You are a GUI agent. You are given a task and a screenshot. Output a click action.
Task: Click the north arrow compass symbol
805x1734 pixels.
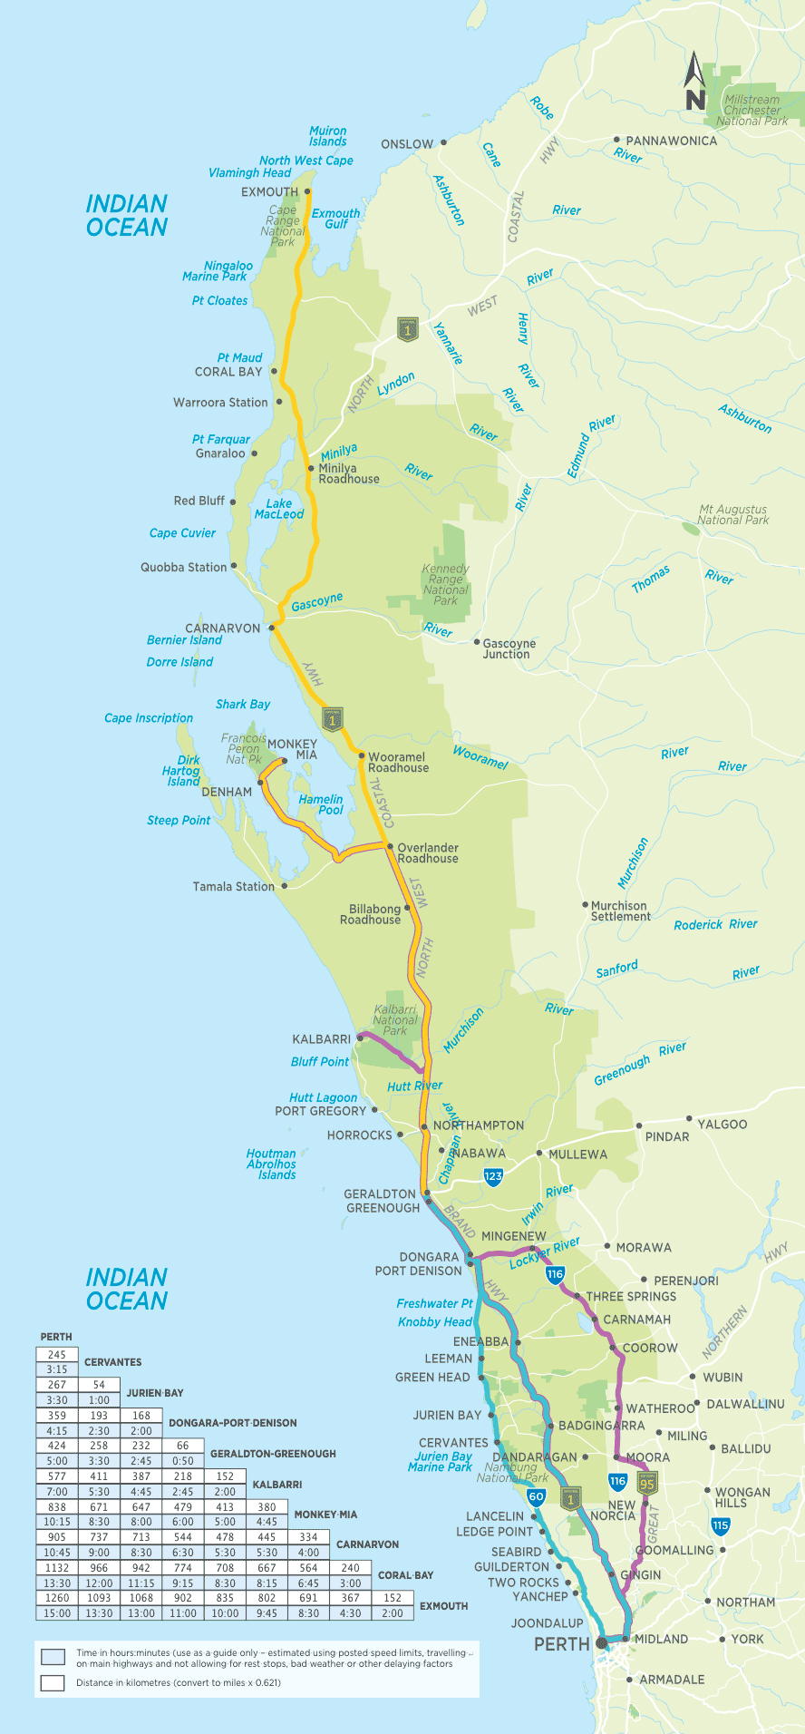[x=694, y=82]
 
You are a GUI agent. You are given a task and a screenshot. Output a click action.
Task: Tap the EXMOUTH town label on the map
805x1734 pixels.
[x=269, y=192]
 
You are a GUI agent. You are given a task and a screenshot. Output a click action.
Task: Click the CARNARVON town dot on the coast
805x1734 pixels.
[x=269, y=627]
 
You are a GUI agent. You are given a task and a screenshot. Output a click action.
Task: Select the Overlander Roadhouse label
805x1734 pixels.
[x=428, y=853]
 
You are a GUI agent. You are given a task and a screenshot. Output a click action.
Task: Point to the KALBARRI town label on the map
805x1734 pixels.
[x=321, y=1039]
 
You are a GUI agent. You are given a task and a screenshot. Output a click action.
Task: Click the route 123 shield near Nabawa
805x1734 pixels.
[x=492, y=1177]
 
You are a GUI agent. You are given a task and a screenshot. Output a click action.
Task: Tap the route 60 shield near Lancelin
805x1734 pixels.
[x=536, y=1497]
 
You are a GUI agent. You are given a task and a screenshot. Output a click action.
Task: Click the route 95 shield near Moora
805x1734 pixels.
[x=646, y=1483]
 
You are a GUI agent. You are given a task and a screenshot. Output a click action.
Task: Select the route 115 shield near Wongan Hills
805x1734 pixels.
[x=721, y=1525]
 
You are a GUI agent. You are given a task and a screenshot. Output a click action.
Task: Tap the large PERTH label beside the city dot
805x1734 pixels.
[x=561, y=1644]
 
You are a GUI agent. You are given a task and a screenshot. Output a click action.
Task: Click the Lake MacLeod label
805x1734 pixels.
[x=279, y=509]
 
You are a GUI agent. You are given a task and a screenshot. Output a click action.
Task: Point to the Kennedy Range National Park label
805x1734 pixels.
[x=445, y=584]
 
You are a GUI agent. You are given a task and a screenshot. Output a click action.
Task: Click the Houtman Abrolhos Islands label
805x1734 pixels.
[x=271, y=1164]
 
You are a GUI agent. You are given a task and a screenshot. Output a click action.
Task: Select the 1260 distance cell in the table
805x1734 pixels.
[x=57, y=1598]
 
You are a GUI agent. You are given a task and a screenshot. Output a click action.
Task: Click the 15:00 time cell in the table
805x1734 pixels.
[x=57, y=1613]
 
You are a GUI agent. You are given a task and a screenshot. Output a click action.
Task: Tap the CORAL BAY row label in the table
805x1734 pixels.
[x=405, y=1575]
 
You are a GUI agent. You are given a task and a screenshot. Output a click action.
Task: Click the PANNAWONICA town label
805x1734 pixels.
[x=671, y=141]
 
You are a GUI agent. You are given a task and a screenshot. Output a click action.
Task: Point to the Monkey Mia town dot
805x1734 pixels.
[x=284, y=761]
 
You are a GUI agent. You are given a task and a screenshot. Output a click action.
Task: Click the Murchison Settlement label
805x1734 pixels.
[x=620, y=911]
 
